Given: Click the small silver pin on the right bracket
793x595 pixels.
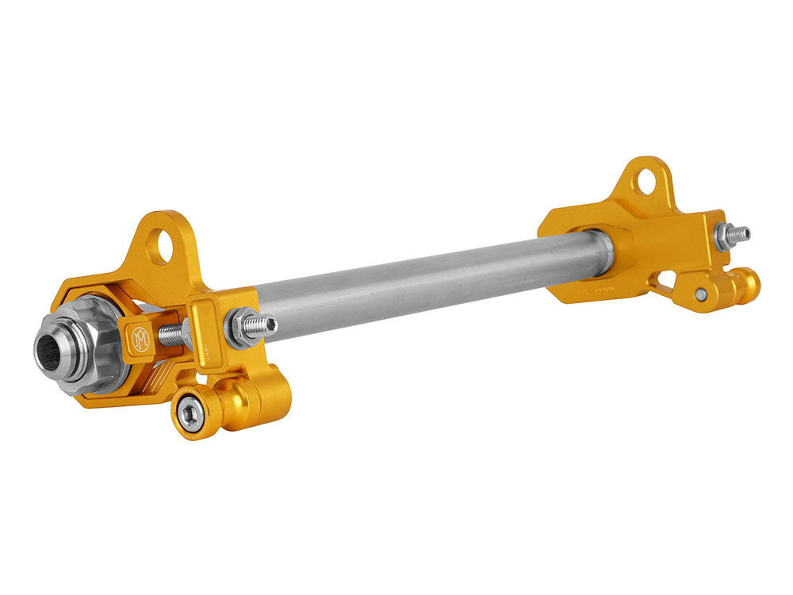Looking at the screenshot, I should (x=701, y=294).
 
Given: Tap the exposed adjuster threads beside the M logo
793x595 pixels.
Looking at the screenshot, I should (x=170, y=335).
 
